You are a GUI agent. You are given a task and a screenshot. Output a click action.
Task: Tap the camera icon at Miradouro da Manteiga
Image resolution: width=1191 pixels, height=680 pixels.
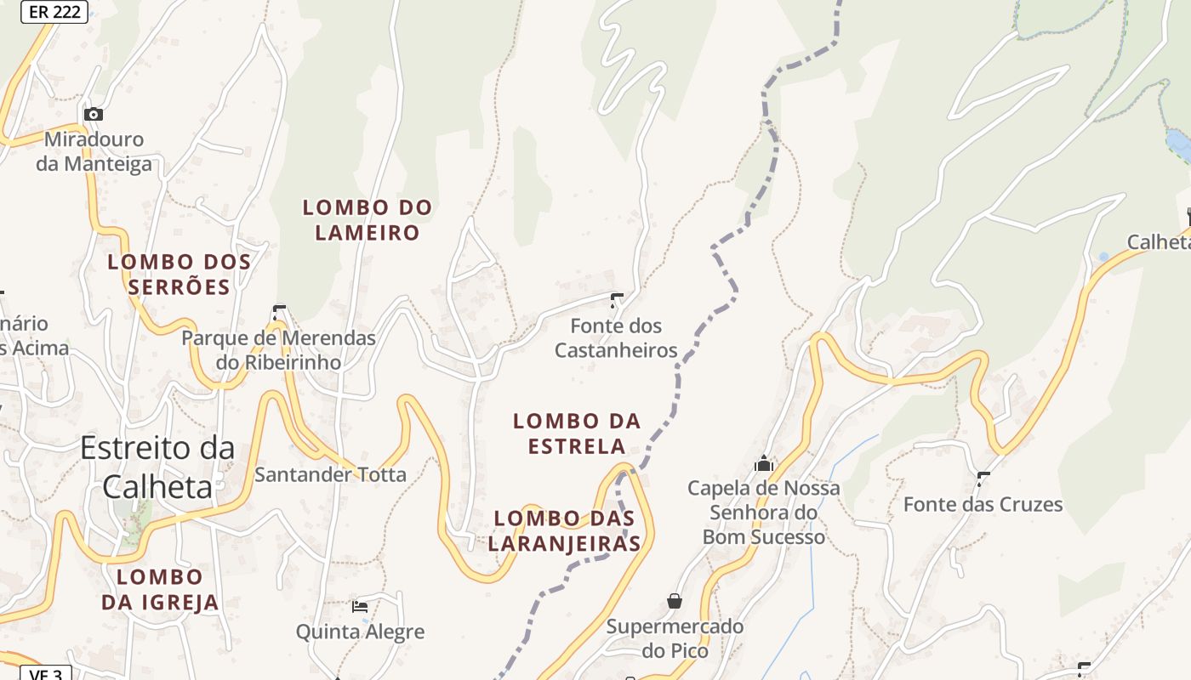[x=94, y=114]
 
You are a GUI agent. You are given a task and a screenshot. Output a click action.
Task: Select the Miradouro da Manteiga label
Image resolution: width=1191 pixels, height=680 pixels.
[x=94, y=151]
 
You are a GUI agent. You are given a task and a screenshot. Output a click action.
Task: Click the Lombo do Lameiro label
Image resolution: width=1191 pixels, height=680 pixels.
[x=368, y=220]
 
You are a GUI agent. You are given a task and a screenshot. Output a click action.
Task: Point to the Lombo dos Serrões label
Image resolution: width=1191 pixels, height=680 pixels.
[x=180, y=275]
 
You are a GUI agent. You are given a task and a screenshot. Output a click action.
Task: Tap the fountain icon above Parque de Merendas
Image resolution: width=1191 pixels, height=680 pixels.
[x=279, y=312]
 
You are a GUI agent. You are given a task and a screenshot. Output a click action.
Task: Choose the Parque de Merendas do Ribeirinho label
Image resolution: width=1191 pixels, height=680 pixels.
[x=278, y=350]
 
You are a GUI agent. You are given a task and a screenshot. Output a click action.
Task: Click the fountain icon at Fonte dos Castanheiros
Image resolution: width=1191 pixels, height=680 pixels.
[x=617, y=299]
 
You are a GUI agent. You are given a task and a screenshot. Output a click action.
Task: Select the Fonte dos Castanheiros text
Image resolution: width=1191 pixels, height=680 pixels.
[x=616, y=337]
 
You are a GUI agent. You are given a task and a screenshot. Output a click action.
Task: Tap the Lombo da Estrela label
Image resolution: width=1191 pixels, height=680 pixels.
[x=577, y=433]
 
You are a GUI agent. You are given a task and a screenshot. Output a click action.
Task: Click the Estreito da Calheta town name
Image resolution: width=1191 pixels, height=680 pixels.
[x=157, y=467]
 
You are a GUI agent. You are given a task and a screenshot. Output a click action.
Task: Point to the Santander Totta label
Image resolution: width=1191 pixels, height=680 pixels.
[x=330, y=474]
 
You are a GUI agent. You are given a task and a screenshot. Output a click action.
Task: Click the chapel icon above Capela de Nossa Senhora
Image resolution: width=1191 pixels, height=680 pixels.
[x=763, y=463]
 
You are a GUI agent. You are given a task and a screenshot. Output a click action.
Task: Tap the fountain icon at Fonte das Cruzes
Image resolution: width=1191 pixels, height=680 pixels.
[x=984, y=479]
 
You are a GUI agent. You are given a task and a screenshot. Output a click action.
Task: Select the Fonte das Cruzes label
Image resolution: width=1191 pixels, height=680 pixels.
[x=983, y=504]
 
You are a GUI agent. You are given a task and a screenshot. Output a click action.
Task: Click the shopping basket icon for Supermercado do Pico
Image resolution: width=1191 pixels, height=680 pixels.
[x=675, y=601]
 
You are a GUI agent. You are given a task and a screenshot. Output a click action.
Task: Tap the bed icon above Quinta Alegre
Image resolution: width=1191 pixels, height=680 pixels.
[x=360, y=606]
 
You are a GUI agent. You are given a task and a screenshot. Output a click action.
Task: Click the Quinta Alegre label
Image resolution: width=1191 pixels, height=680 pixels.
[x=360, y=632]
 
